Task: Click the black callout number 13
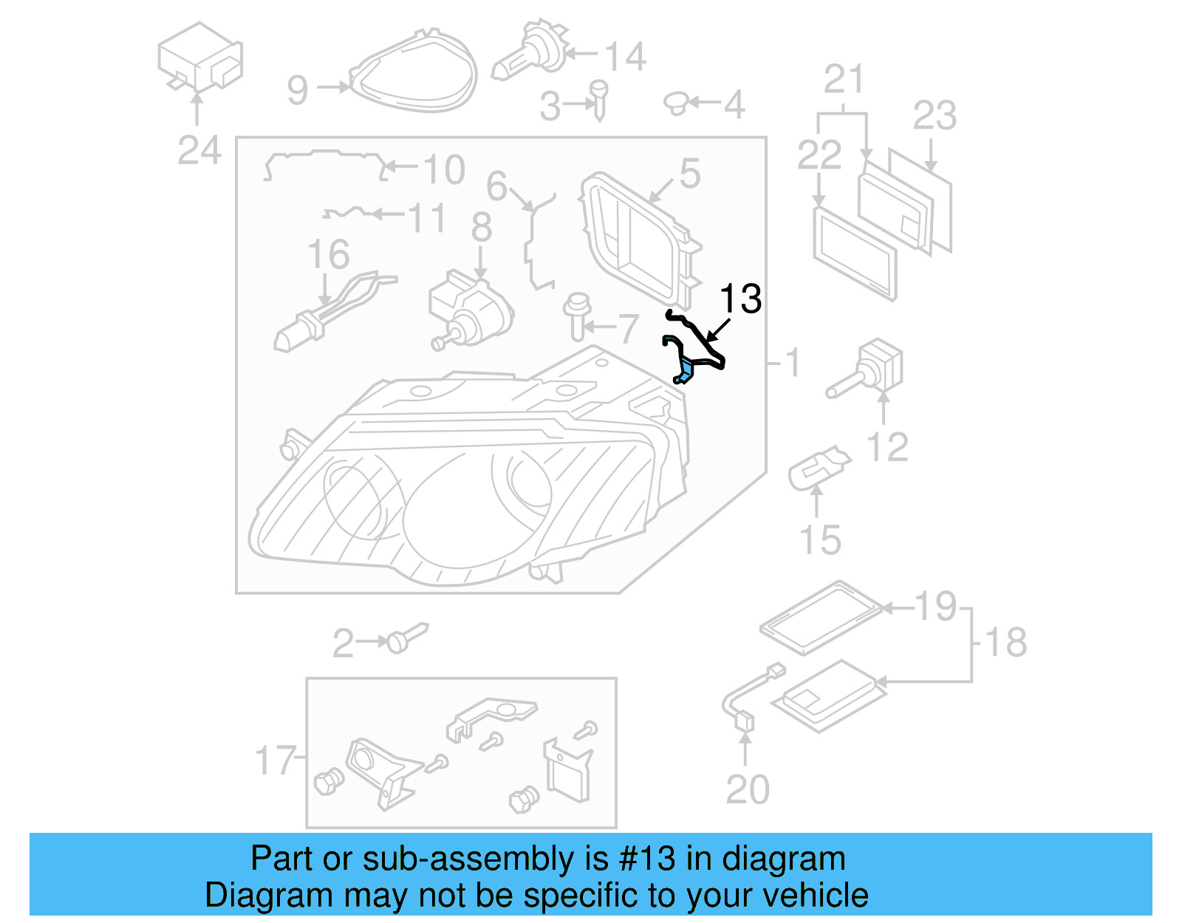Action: point(740,299)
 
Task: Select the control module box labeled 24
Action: point(199,58)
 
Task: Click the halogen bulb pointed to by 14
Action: point(529,52)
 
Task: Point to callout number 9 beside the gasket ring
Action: point(297,89)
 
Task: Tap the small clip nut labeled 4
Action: point(676,103)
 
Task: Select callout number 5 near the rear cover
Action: point(689,174)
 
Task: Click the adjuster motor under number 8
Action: point(468,310)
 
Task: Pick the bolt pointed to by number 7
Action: point(577,317)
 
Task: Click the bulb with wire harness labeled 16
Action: point(325,314)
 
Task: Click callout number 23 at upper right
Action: point(935,115)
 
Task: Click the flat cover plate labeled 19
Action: point(821,616)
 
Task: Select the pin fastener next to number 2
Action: point(406,637)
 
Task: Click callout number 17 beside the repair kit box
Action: point(275,760)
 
